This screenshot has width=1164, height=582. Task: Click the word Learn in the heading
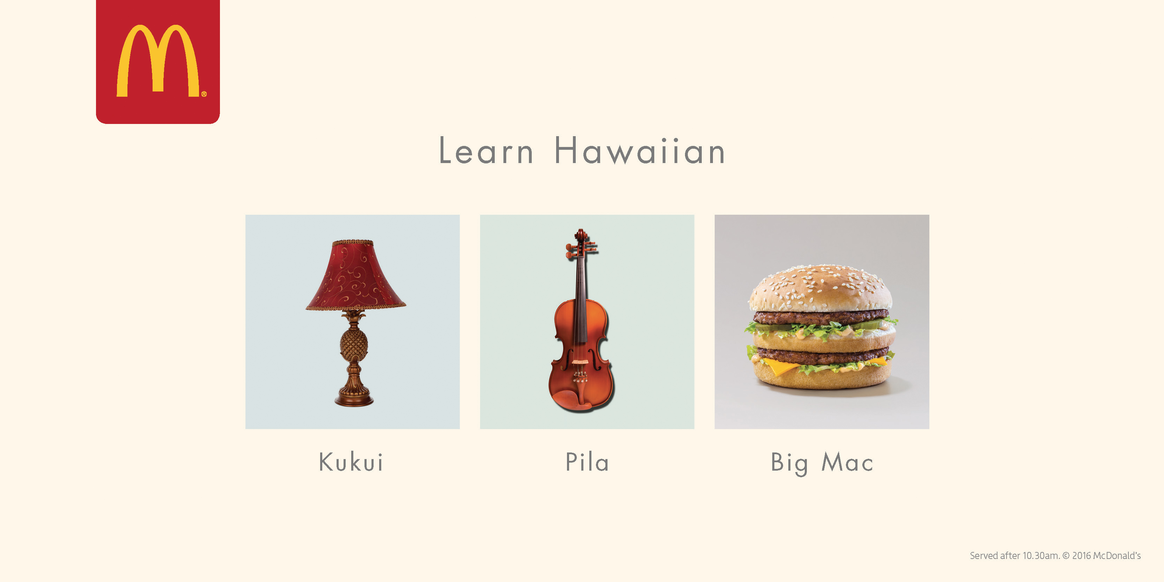tap(486, 150)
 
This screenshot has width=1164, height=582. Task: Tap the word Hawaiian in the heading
tap(639, 150)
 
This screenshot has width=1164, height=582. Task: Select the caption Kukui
tap(351, 462)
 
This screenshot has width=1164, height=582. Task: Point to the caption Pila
tap(587, 462)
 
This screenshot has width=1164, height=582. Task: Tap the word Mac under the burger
tap(847, 462)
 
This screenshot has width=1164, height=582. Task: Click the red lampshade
tap(356, 275)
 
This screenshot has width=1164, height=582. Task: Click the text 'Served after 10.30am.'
tap(1015, 556)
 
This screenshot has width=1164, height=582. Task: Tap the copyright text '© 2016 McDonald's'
tap(1102, 556)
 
